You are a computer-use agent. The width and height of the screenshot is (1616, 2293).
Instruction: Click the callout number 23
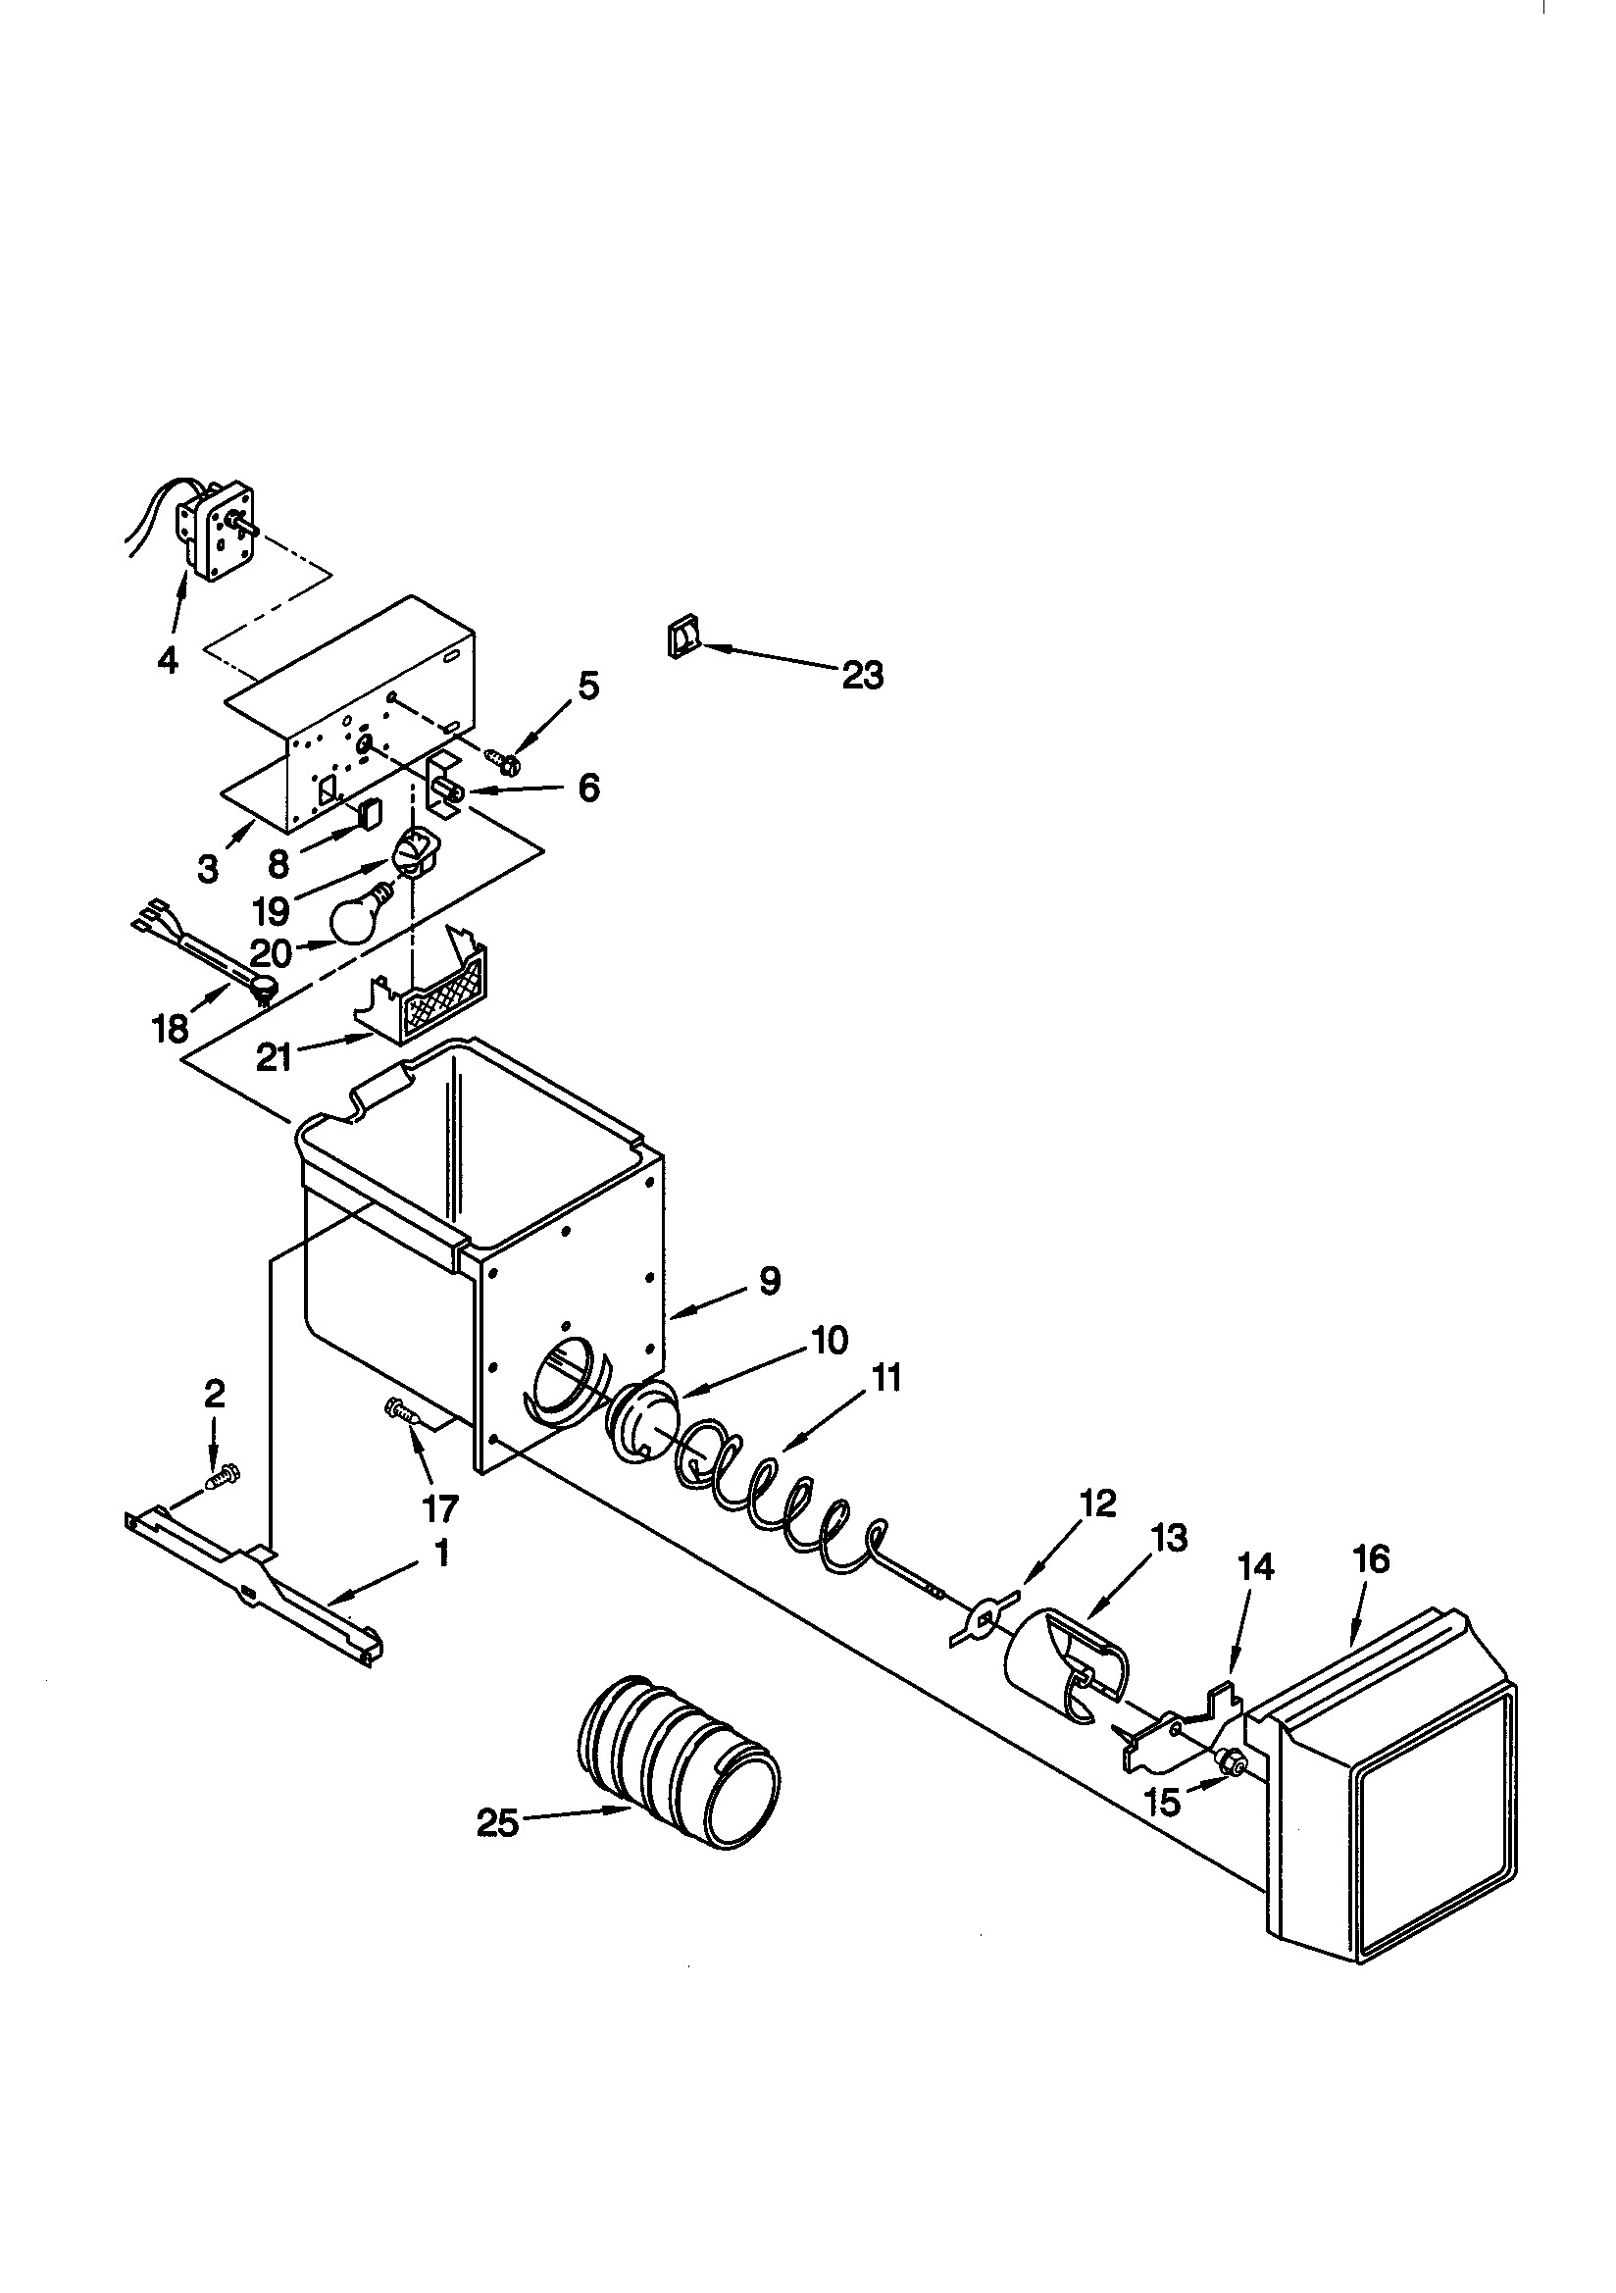click(862, 676)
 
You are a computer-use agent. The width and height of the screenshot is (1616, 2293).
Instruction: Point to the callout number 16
click(1371, 1559)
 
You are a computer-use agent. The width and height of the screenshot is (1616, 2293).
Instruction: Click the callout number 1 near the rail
click(440, 1554)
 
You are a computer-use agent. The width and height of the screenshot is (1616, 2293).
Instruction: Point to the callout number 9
click(769, 1281)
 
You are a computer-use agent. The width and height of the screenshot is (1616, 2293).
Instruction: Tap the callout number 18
click(171, 1028)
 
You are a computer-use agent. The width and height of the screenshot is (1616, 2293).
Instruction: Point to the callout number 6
click(589, 788)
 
